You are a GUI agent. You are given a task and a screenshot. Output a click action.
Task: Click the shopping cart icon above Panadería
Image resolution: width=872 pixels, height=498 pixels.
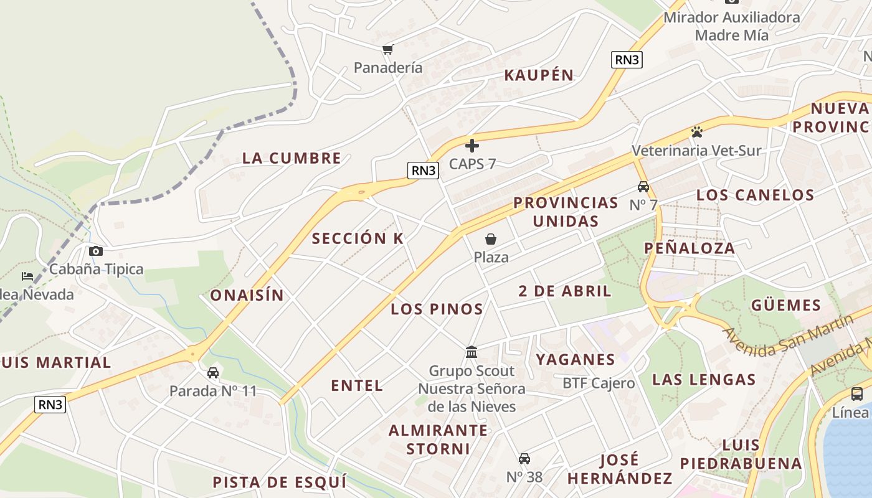pos(388,49)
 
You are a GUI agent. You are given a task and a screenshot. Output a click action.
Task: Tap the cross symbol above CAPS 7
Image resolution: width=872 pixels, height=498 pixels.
pos(472,146)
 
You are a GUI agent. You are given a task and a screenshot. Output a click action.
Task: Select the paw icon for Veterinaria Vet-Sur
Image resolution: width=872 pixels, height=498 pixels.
pos(696,132)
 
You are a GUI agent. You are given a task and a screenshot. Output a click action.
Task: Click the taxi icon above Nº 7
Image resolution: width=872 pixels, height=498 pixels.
pos(643,186)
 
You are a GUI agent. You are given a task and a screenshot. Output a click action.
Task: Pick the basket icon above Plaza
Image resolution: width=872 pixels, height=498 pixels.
pos(491,239)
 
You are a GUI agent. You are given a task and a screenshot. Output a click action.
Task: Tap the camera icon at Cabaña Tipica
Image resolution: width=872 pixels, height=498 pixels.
pos(95,251)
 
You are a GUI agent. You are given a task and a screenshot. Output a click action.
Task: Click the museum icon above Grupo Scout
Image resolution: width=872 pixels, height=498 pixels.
pos(472,352)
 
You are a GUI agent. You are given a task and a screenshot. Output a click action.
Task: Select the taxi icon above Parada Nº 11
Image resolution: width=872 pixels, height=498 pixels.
pos(213,373)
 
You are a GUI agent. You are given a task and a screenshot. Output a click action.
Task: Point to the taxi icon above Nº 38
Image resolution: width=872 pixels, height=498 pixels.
pos(524,459)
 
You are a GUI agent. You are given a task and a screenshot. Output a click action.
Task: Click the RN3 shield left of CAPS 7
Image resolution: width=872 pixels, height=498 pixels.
pos(423,170)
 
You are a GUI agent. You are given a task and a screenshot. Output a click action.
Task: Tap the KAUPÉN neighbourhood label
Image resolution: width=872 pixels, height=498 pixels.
pos(539,75)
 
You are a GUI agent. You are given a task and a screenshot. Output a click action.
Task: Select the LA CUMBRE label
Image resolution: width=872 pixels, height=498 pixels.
pos(291,158)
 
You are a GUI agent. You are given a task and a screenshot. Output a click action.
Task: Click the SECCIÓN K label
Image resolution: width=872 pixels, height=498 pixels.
pos(358,238)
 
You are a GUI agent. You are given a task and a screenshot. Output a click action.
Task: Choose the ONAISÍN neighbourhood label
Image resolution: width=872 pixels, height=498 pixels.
pos(247,295)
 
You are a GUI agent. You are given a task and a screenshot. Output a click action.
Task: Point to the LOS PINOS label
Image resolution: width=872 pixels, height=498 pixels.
pos(437,309)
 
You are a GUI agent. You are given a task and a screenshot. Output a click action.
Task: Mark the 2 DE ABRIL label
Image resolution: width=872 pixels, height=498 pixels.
pos(565,291)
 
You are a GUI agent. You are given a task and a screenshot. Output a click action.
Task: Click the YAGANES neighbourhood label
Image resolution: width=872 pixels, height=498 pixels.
pos(576,359)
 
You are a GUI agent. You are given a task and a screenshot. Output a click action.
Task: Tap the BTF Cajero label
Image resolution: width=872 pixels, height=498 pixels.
pos(599,383)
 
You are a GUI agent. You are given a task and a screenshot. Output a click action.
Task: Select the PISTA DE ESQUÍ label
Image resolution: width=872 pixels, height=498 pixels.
pos(279,482)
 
